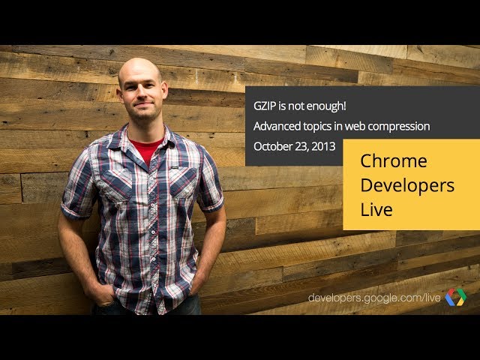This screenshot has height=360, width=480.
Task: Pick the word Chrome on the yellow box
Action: [394, 160]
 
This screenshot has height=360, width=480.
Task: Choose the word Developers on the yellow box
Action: [407, 186]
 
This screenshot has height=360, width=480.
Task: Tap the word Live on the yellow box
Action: [376, 209]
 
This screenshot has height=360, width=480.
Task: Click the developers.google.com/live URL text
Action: [374, 298]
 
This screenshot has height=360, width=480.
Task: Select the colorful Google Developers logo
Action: [456, 297]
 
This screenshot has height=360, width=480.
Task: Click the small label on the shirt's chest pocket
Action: [175, 167]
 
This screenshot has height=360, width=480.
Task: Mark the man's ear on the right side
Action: [164, 90]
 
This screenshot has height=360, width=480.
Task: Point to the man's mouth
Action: [144, 105]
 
